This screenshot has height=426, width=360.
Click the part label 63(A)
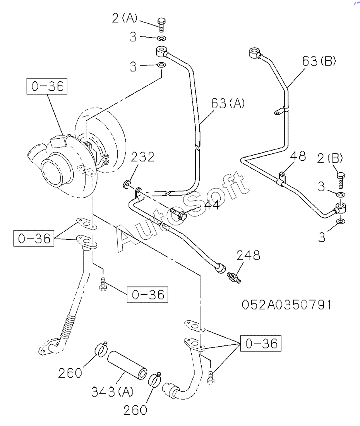click(x=228, y=103)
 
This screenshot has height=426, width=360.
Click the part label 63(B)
click(x=319, y=61)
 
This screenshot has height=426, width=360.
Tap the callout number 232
click(x=143, y=157)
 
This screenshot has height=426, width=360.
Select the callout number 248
click(x=248, y=255)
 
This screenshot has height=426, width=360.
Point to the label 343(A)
click(x=112, y=392)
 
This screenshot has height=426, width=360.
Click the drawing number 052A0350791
click(x=286, y=305)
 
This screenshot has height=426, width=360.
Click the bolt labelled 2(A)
click(x=161, y=24)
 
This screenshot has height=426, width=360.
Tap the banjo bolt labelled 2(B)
click(x=341, y=180)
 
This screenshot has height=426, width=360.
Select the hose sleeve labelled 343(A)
click(x=127, y=365)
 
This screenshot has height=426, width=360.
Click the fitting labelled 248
click(x=233, y=277)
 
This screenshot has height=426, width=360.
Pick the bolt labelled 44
click(x=178, y=214)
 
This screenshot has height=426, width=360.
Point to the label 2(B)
click(x=330, y=158)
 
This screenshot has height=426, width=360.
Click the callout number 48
click(x=298, y=156)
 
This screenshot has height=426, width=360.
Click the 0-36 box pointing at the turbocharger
click(x=47, y=86)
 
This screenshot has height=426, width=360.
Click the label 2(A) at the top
click(x=125, y=18)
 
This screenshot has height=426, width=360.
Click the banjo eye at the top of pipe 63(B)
click(x=255, y=52)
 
